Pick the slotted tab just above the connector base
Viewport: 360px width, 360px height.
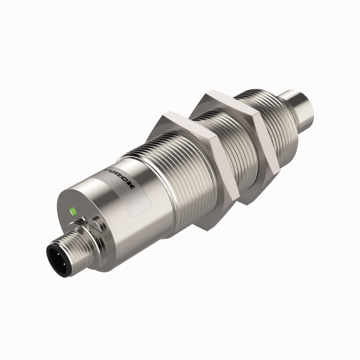click(95, 226)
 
